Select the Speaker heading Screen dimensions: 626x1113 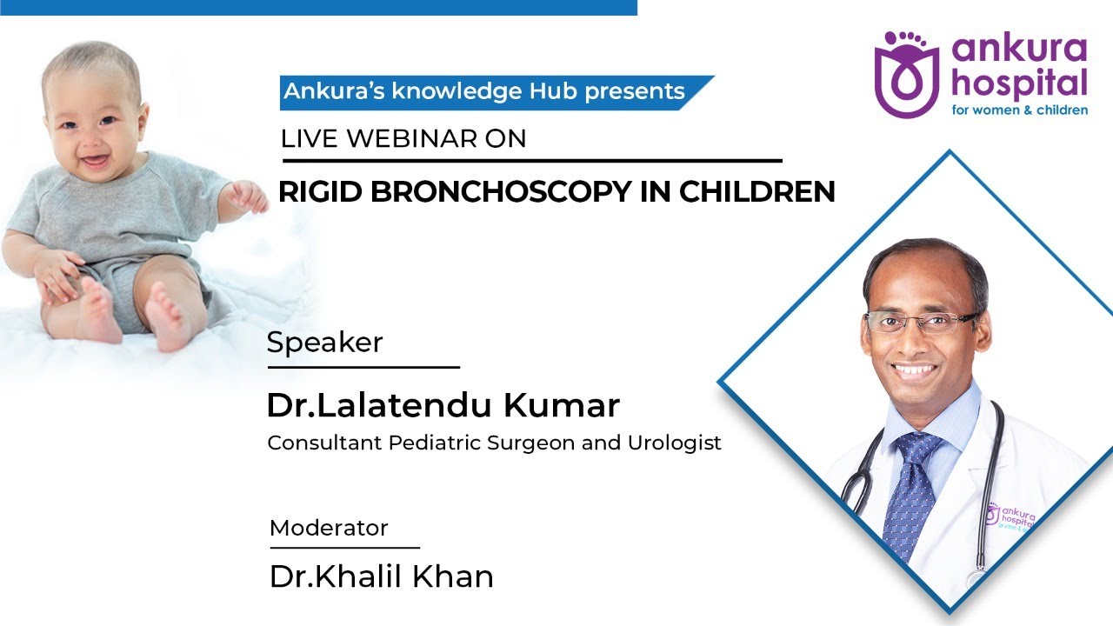[x=324, y=343]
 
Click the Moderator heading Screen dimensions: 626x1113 [x=329, y=528]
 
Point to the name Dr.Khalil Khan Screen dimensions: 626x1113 [x=381, y=576]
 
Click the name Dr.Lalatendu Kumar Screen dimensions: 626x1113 [x=443, y=405]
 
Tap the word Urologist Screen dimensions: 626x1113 [x=675, y=443]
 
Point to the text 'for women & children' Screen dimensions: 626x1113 [x=1019, y=110]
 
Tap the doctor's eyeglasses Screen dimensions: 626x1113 [x=923, y=323]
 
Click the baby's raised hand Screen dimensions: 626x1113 [x=250, y=197]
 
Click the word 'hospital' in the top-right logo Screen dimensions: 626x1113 [x=1020, y=84]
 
